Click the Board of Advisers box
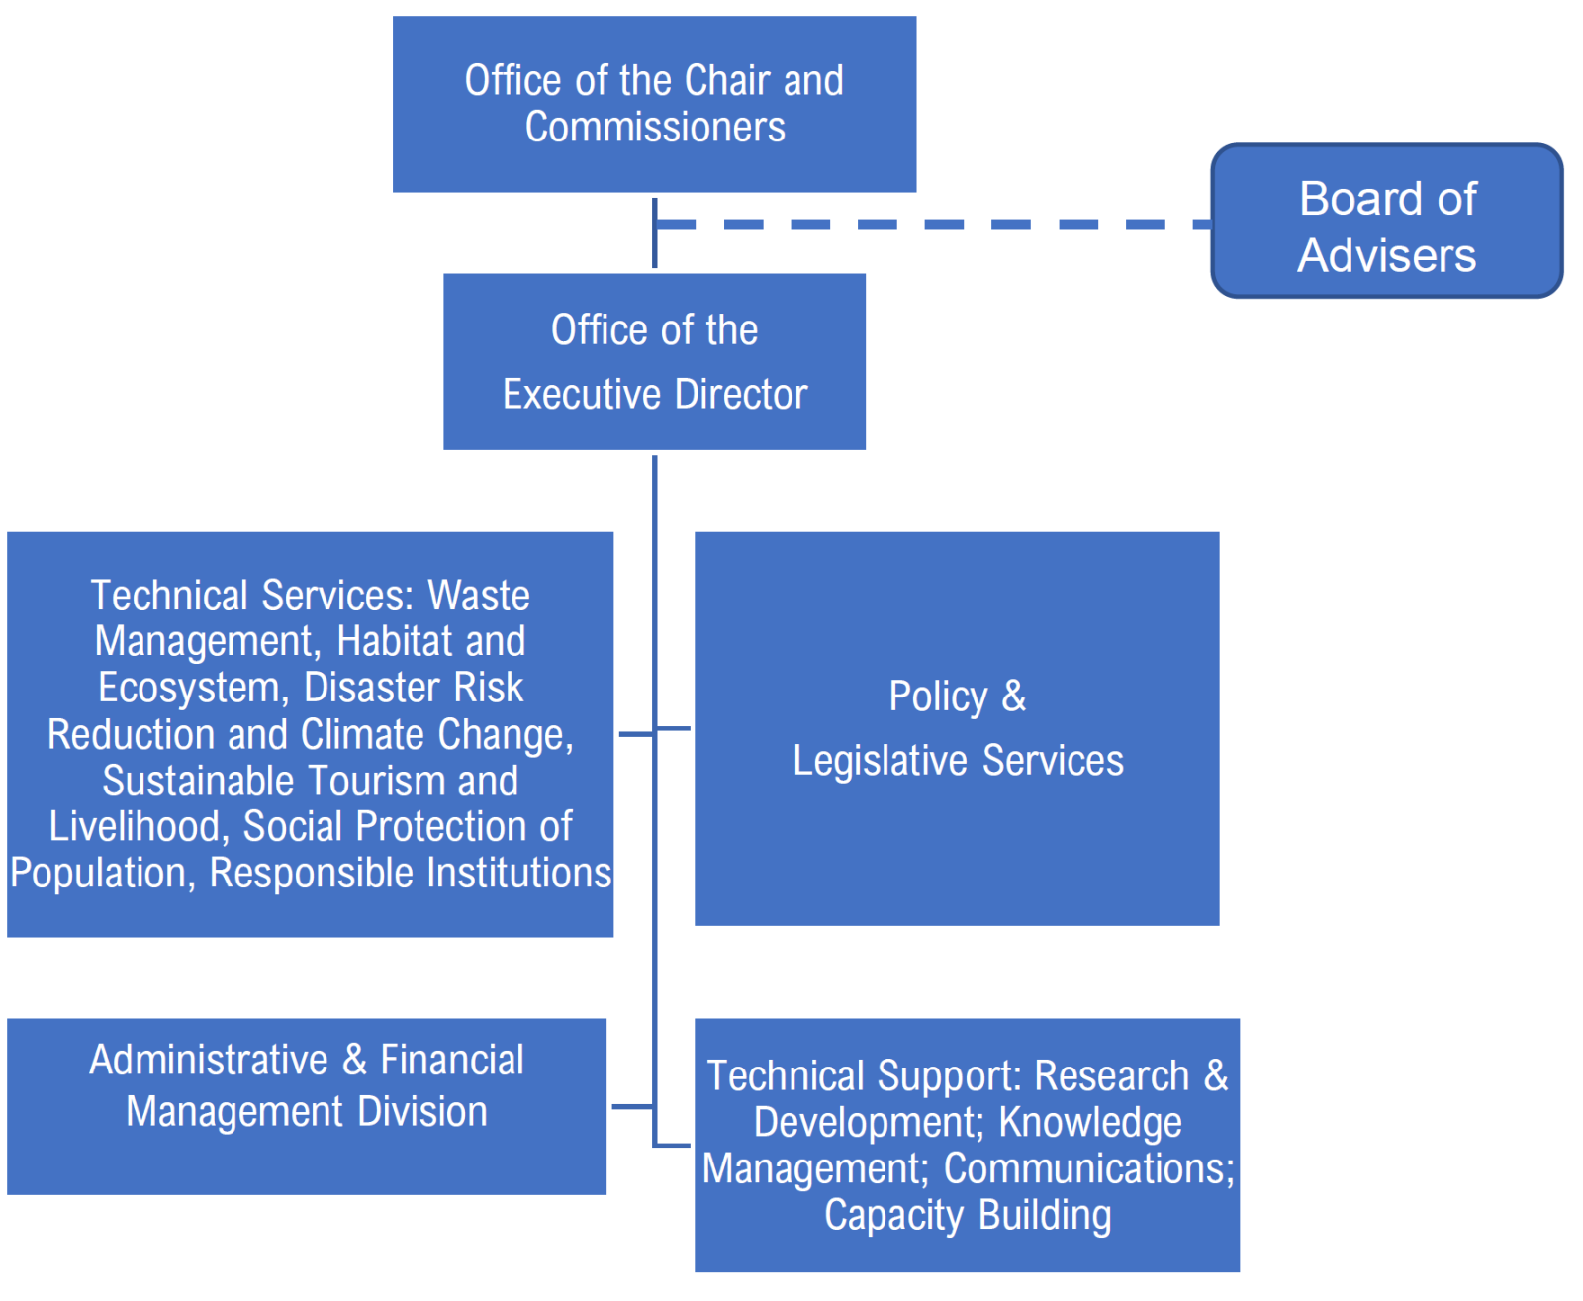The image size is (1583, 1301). click(1386, 222)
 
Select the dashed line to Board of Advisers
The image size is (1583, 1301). click(930, 225)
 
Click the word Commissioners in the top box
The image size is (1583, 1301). click(655, 128)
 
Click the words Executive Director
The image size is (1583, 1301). click(655, 395)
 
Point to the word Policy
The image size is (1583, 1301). click(937, 697)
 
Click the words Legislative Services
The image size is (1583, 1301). click(958, 761)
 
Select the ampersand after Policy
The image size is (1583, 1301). click(1014, 697)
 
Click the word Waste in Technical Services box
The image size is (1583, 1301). click(479, 596)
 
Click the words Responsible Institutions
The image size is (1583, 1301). click(411, 874)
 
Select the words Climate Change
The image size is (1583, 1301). click(437, 735)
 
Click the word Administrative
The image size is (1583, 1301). click(209, 1061)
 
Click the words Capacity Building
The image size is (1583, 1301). click(968, 1215)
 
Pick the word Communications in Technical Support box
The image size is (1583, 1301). click(1088, 1169)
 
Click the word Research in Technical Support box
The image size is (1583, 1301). click(1111, 1076)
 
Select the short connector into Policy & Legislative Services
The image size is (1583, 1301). click(674, 728)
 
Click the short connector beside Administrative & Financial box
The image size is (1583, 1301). click(632, 1106)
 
